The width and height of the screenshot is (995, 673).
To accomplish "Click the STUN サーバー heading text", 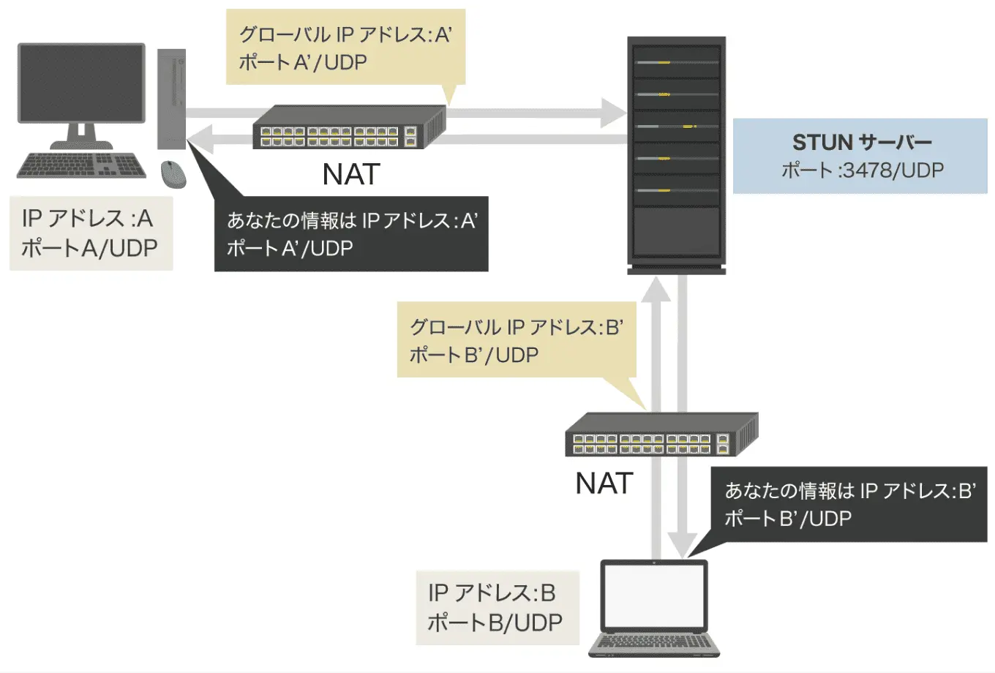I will point(861,142).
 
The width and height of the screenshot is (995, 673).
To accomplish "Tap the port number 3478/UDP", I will point(893,170).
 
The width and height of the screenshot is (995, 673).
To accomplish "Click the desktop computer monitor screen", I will point(81,82).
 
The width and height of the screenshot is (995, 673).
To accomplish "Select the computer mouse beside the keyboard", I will point(173,173).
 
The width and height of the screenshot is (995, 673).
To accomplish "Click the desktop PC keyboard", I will point(81,165).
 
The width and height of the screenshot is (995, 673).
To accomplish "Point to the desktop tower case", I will point(172,99).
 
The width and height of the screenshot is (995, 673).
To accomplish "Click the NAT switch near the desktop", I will point(349,129).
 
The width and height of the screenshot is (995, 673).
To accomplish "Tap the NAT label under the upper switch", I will point(351,175).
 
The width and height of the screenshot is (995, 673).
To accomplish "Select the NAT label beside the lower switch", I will point(604,484).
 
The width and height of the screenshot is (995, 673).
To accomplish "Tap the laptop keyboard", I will point(654,642).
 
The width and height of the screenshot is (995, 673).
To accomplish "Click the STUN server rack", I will point(676,154).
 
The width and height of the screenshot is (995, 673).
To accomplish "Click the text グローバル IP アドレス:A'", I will point(345,34).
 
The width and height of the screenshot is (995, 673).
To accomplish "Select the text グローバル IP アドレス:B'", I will point(516,327).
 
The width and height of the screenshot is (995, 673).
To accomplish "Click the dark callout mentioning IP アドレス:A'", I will point(351,234).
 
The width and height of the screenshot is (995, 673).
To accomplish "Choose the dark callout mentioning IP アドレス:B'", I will point(849,505).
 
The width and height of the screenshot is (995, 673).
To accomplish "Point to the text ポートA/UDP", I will point(89,248).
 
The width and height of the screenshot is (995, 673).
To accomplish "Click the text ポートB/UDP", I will point(495,623).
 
